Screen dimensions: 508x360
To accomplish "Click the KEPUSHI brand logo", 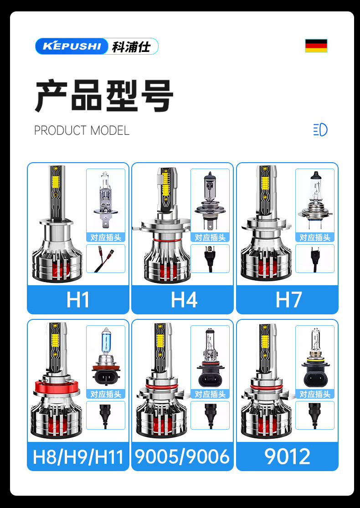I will pos(97,46).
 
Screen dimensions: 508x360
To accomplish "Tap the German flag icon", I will pos(316,46).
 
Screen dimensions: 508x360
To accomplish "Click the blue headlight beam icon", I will pos(320,130).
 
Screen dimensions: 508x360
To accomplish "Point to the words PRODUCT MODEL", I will pos(82,130).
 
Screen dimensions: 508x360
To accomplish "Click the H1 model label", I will pos(78,300).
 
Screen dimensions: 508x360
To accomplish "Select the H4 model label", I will pos(184,300).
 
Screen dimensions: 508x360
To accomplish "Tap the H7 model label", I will pos(288,300).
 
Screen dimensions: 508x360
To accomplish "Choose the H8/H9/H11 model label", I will pos(78,457).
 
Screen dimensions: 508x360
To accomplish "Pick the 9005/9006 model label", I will pos(182,457).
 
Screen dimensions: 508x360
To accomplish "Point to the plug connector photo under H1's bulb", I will pos(105,259).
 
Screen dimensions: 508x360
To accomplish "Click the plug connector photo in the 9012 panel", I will pos(314,415).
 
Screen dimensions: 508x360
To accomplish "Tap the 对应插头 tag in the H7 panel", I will pos(314,237).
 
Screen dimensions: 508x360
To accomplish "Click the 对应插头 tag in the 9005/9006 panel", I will pos(210,394).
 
